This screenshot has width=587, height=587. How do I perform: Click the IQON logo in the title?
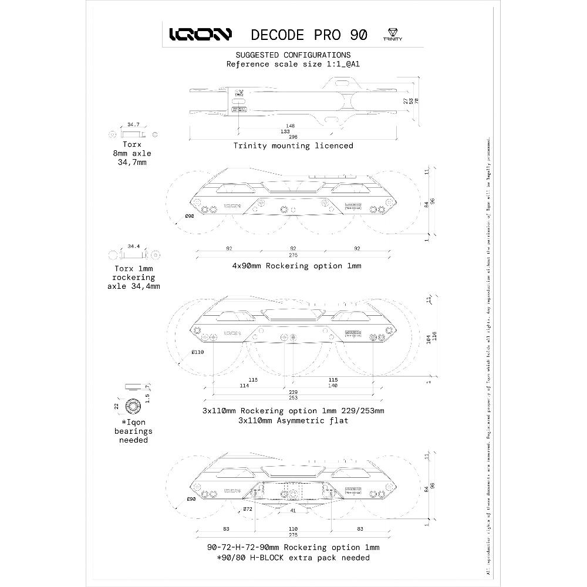coord(200,34)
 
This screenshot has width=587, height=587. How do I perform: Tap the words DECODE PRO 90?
coord(309,34)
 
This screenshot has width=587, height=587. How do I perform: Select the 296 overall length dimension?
coord(292,136)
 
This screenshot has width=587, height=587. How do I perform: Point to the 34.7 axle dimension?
coord(133,124)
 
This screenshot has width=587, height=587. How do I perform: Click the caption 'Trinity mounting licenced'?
coord(293,146)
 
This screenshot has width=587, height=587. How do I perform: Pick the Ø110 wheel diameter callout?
coord(197,352)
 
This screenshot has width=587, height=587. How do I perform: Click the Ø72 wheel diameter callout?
coord(247,509)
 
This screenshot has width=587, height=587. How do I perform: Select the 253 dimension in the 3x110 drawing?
coord(292,397)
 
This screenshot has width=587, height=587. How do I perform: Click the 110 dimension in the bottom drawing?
coord(292,529)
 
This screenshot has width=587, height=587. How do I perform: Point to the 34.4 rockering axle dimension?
coord(133,247)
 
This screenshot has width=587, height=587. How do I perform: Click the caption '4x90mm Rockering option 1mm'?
coord(296,266)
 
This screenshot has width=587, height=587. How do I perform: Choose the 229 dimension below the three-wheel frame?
coord(292,392)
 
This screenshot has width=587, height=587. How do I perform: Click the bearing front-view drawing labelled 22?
coord(133,406)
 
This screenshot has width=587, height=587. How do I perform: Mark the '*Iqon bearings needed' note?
coord(133,431)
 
